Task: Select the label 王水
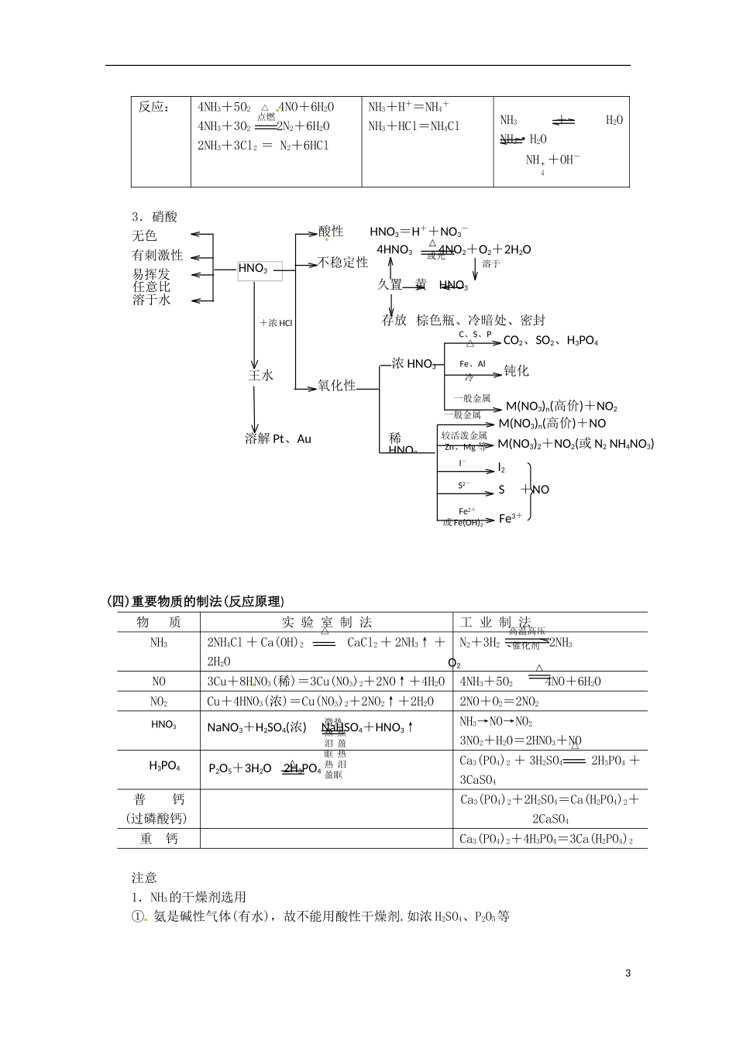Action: (261, 376)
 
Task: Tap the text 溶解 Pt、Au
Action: (278, 439)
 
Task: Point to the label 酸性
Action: (331, 232)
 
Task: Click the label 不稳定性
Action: (343, 263)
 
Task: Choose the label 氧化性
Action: (337, 386)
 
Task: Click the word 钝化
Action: (517, 371)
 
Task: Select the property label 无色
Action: (144, 235)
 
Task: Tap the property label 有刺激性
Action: (157, 255)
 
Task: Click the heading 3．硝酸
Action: (155, 217)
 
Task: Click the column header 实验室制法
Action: (326, 623)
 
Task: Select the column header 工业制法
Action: (496, 623)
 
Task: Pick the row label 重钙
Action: (159, 839)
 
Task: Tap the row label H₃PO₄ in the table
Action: (164, 766)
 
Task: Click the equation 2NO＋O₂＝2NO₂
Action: (500, 702)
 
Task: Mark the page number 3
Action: (628, 974)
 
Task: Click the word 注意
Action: (144, 878)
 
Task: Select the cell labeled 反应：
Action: (154, 108)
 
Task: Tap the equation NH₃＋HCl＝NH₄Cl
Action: (414, 126)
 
